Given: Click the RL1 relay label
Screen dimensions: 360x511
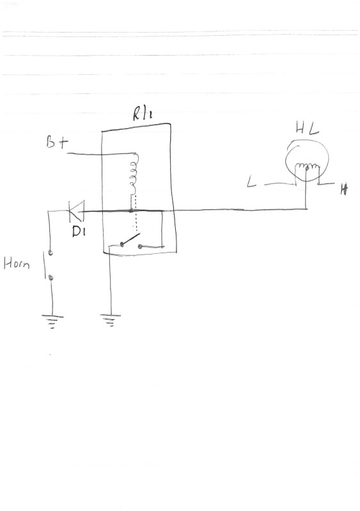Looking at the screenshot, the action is [x=143, y=113].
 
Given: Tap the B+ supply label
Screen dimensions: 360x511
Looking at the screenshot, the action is [x=58, y=142].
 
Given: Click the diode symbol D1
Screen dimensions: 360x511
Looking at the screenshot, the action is [x=76, y=211].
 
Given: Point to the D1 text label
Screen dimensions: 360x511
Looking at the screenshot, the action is [x=78, y=231].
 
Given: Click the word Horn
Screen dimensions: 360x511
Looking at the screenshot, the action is [x=17, y=263].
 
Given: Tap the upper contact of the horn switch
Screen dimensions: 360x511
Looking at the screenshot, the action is [x=51, y=253].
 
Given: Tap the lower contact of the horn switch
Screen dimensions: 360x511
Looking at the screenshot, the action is [x=51, y=278].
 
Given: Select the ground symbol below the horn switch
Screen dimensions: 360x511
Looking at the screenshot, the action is [x=52, y=321].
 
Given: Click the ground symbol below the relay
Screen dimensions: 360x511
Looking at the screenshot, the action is [x=111, y=320].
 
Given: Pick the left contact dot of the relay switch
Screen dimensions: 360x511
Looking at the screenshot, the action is [x=122, y=244].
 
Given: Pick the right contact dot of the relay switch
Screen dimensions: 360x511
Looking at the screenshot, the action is [x=140, y=246].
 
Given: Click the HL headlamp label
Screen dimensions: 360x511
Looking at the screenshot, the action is [x=307, y=128].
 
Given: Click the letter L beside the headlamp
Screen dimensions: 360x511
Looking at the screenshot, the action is [x=251, y=182].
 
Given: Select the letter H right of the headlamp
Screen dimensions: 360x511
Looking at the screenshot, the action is [x=344, y=189].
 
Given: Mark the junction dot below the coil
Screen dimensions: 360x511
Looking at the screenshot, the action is [x=131, y=211].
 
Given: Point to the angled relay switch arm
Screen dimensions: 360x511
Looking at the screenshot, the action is [x=131, y=239].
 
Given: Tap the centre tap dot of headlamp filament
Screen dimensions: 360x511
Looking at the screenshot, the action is [x=306, y=168].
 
